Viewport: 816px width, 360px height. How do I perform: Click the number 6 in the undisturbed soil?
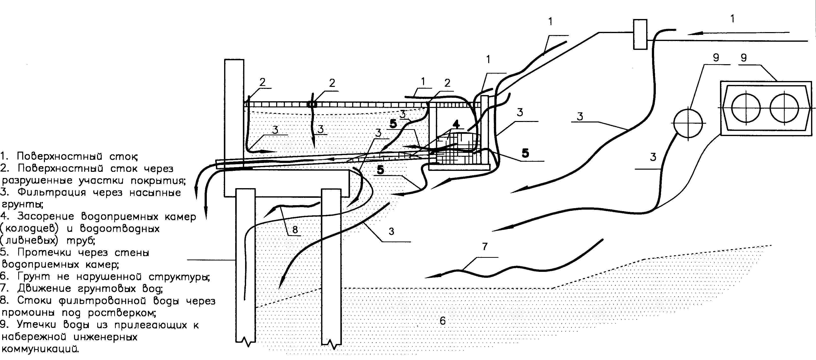443,321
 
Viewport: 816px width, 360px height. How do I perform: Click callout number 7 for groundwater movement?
485,246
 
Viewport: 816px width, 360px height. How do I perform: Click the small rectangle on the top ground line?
640,34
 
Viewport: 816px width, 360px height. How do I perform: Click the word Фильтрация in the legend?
52,193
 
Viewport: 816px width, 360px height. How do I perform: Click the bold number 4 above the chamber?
456,124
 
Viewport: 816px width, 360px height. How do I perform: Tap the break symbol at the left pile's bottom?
246,342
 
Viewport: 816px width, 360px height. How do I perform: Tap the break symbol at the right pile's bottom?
331,343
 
